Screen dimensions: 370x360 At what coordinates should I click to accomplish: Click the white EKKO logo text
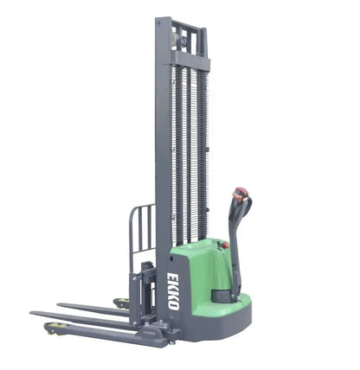[x=173, y=291]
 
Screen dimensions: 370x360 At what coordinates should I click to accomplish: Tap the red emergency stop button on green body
[x=223, y=246]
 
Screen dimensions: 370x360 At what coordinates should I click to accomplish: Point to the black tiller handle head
[x=240, y=206]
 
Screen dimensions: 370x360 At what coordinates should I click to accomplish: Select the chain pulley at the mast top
[x=183, y=36]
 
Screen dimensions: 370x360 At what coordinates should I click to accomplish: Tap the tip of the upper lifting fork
[x=62, y=304]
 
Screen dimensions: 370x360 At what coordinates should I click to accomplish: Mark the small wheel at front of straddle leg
[x=56, y=328]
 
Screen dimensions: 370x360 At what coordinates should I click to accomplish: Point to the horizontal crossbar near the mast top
[x=190, y=61]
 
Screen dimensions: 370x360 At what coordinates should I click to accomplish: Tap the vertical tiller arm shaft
[x=234, y=251]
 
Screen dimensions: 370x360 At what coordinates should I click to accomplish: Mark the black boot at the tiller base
[x=225, y=295]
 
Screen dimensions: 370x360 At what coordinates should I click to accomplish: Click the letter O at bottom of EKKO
[x=173, y=305]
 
